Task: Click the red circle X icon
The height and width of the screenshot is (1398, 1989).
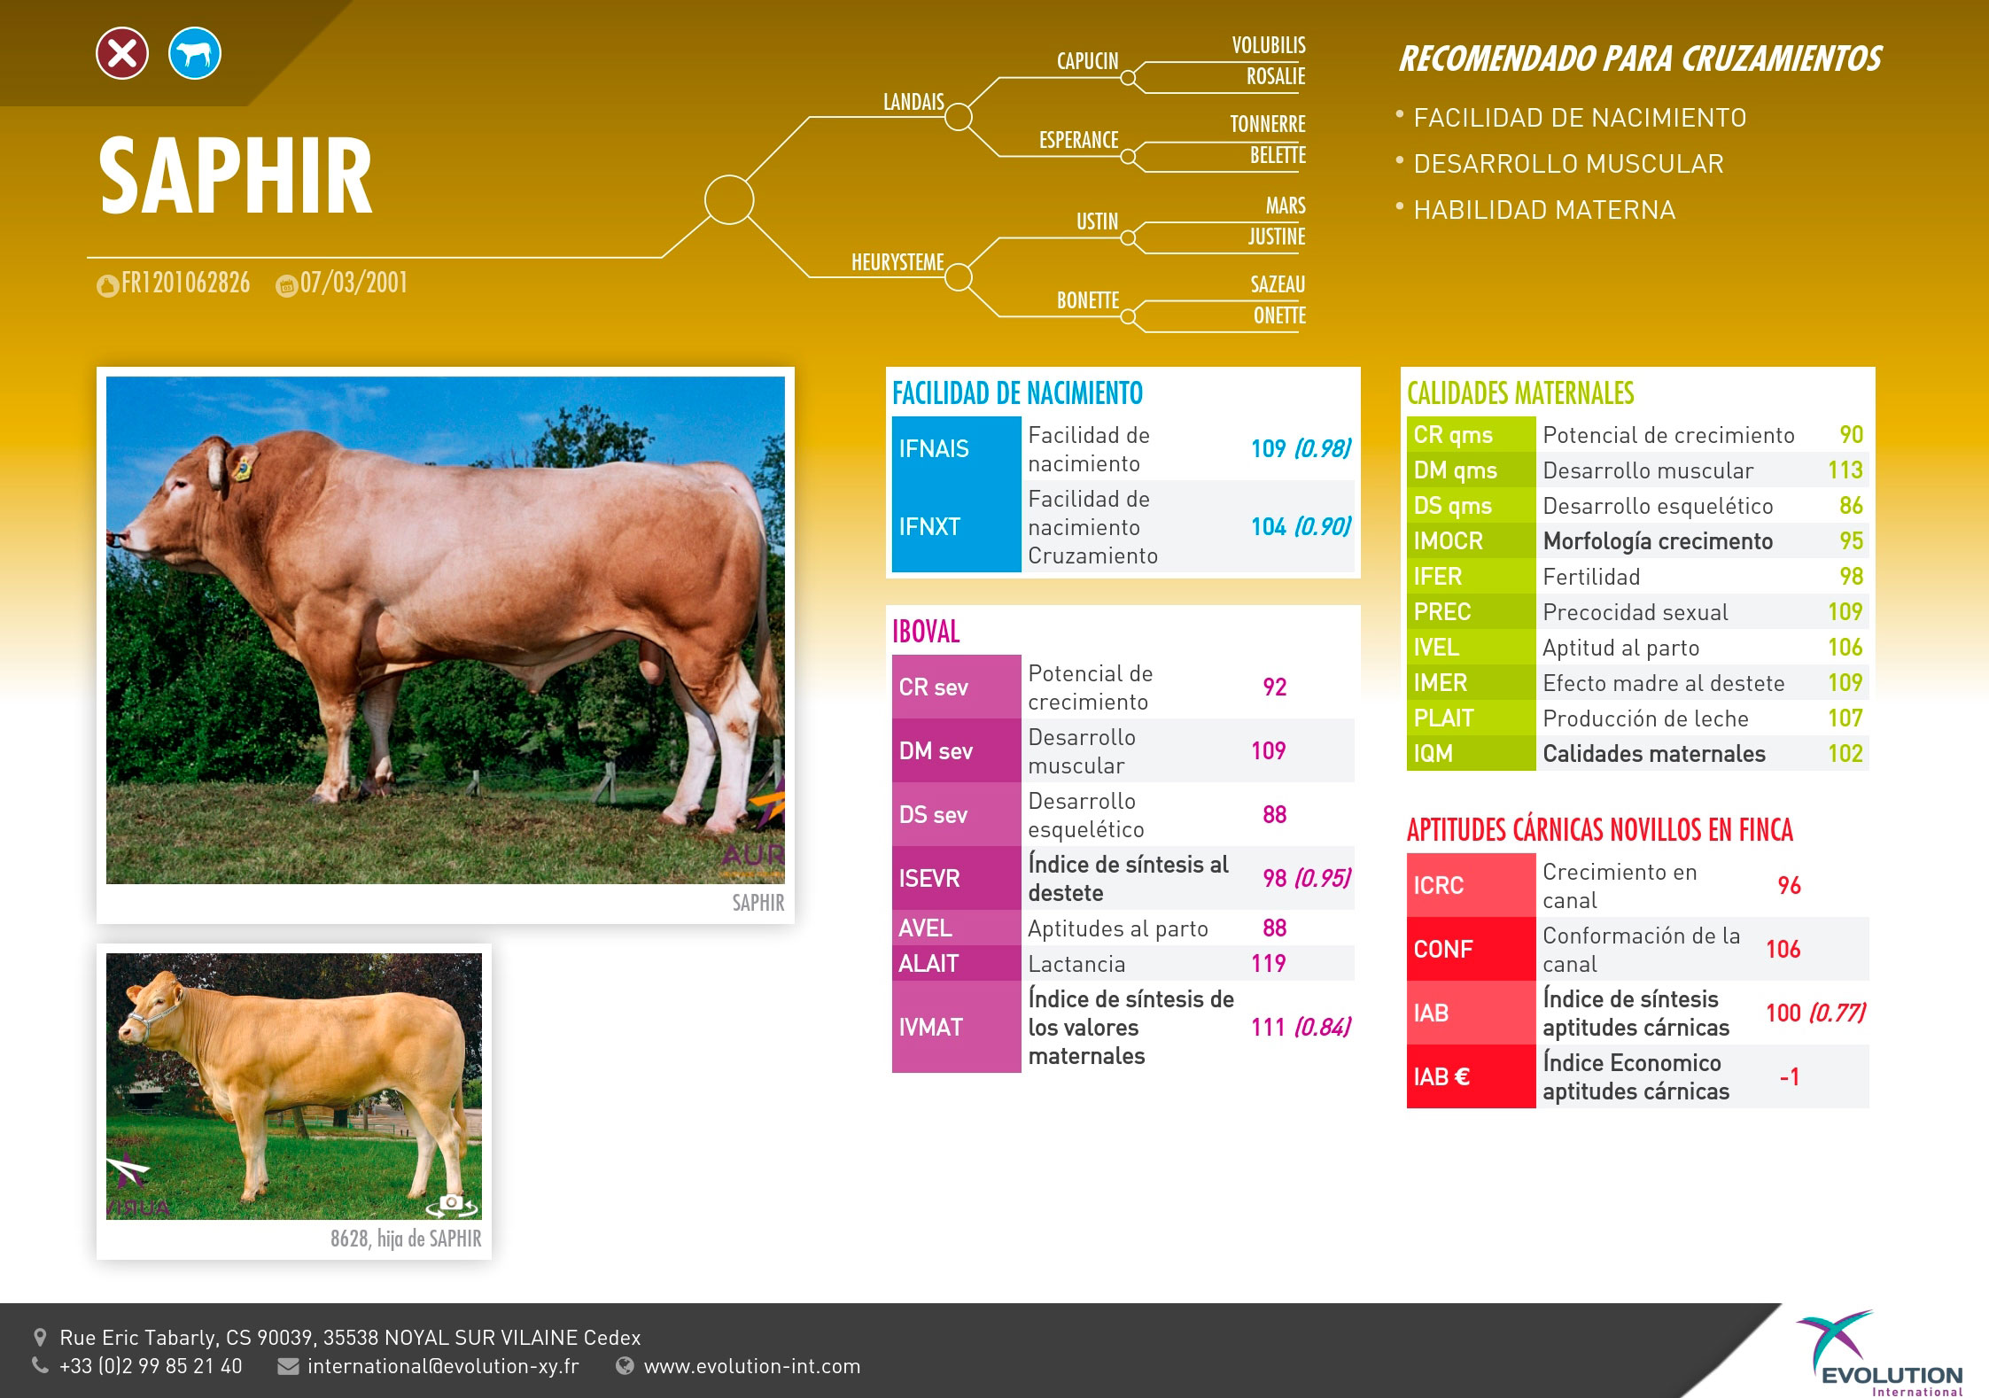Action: click(122, 53)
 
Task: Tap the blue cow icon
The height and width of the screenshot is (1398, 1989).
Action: click(195, 53)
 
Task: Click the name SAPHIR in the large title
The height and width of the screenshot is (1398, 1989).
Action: click(236, 176)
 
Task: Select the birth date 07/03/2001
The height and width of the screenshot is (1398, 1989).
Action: click(354, 283)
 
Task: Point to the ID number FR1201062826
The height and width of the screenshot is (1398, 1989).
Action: click(185, 283)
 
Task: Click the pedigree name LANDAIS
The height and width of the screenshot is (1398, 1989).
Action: click(913, 102)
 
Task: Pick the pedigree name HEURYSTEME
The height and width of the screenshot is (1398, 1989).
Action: click(897, 262)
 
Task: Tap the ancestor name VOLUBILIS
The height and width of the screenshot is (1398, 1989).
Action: click(1269, 45)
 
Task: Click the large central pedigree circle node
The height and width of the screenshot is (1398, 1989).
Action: click(729, 199)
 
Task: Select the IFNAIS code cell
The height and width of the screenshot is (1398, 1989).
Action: click(956, 448)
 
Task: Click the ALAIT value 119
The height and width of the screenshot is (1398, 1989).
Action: click(1268, 964)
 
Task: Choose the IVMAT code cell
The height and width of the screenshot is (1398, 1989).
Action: click(956, 1027)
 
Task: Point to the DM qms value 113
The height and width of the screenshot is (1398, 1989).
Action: click(1845, 470)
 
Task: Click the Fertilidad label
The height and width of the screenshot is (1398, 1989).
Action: click(1591, 577)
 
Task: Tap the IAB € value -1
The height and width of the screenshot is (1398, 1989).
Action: click(1790, 1076)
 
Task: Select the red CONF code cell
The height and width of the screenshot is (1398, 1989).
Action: click(1471, 949)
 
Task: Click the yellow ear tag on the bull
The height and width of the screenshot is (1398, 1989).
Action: click(241, 469)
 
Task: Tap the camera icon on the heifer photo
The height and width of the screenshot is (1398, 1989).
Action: click(451, 1203)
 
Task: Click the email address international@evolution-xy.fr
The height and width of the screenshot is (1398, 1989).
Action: click(443, 1366)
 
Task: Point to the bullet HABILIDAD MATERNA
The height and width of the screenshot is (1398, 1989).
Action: click(1544, 210)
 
